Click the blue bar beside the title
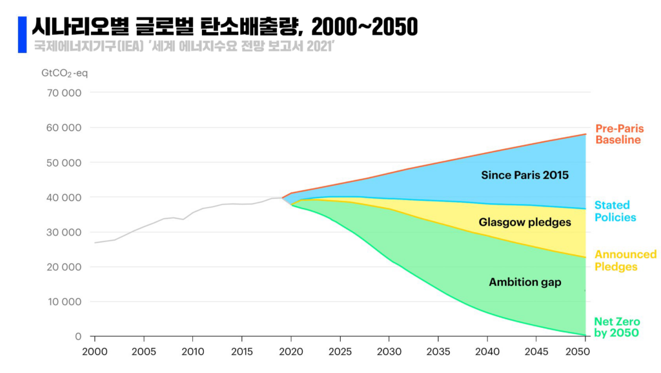point(22,26)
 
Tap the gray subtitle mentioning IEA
point(183,47)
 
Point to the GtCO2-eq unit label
point(65,73)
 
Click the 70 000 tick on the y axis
point(65,93)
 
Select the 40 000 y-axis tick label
point(65,197)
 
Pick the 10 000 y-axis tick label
point(65,302)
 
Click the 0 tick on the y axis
point(78,337)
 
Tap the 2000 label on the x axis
point(94,352)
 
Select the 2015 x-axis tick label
point(241,352)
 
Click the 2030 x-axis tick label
point(389,352)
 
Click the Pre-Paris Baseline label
point(619,134)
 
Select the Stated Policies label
point(615,212)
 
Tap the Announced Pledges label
point(625,261)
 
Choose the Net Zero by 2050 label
point(616,327)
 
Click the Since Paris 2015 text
point(525,175)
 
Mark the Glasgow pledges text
point(525,223)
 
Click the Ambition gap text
point(525,282)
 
